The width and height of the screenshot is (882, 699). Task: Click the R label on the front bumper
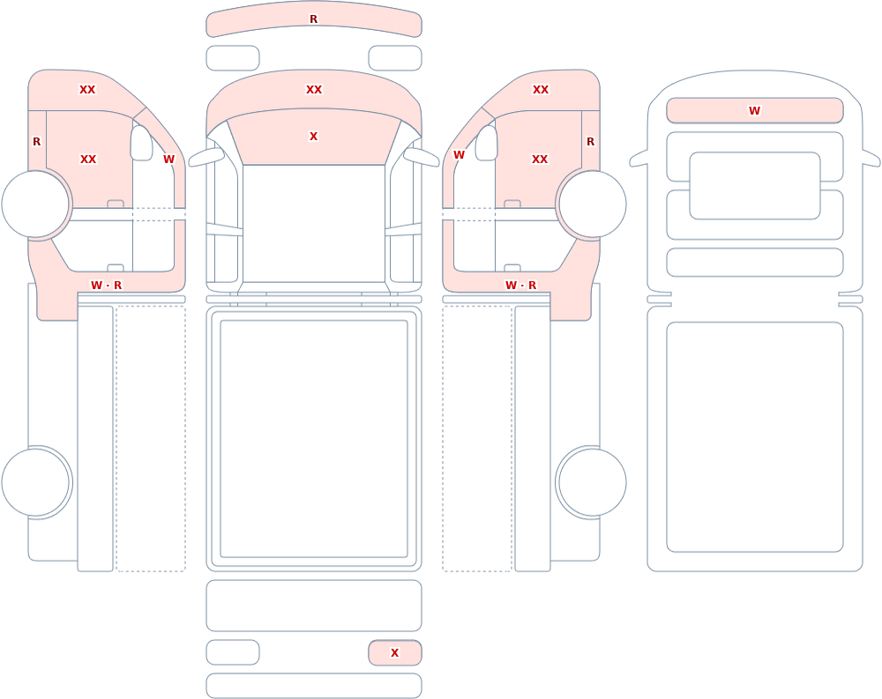click(x=313, y=19)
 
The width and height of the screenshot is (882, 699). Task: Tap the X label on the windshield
click(x=313, y=136)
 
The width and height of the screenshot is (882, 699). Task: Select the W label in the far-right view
click(x=754, y=111)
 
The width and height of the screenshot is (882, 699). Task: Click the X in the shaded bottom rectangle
click(x=394, y=653)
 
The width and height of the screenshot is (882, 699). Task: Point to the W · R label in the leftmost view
click(x=107, y=285)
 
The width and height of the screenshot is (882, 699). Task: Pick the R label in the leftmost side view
click(x=36, y=142)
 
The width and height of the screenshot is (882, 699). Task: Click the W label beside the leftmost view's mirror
click(x=168, y=160)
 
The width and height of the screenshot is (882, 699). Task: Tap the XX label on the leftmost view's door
click(x=88, y=160)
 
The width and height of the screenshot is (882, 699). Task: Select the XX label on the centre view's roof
click(x=314, y=89)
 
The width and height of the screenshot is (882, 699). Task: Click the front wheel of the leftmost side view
click(x=35, y=204)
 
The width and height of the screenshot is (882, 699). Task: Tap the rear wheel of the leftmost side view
click(x=35, y=482)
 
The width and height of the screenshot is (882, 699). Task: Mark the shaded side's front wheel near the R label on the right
click(x=592, y=204)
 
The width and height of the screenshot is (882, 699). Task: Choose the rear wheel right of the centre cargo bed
click(x=592, y=482)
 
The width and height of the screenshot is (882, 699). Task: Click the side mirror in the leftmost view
click(x=141, y=143)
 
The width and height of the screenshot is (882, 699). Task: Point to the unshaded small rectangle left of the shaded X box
click(x=233, y=652)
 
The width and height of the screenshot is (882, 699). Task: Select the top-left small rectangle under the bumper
click(x=233, y=58)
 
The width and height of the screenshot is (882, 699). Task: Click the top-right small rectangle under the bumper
click(x=395, y=58)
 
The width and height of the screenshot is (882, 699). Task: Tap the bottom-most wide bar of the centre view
click(x=314, y=686)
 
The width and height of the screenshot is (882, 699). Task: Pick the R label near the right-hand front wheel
click(x=590, y=142)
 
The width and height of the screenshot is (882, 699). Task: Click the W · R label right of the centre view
click(x=521, y=285)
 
